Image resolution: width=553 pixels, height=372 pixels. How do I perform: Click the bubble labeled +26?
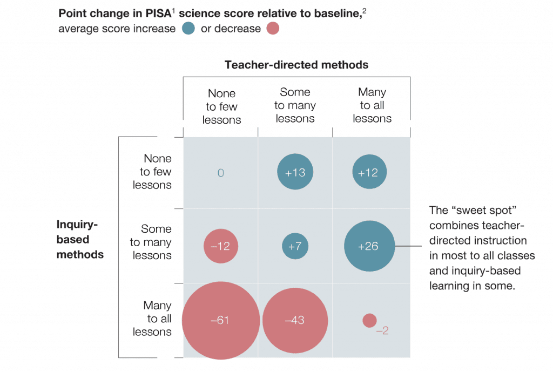(x=369, y=246)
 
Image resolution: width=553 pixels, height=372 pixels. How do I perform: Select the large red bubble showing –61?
(x=221, y=320)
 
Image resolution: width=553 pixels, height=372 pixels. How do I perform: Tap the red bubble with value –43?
(x=295, y=320)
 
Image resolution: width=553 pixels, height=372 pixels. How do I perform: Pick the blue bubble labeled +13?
(x=295, y=173)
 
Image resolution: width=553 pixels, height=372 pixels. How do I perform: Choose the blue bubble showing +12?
(x=369, y=173)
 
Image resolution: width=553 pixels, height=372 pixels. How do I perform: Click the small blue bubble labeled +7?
(x=295, y=246)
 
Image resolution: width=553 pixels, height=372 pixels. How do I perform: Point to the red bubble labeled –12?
(x=220, y=246)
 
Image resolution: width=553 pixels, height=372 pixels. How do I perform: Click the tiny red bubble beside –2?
(x=369, y=320)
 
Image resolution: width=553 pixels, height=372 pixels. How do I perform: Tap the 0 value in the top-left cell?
(x=220, y=173)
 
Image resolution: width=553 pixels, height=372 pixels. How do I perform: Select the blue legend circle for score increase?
(x=188, y=29)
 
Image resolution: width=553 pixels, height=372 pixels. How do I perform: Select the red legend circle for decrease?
(x=273, y=29)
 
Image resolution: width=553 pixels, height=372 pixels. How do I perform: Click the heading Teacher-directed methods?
(x=296, y=65)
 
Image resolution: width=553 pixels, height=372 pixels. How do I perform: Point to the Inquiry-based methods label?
(x=80, y=239)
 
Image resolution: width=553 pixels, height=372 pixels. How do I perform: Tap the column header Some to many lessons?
(x=295, y=105)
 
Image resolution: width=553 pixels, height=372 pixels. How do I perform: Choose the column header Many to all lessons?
(x=372, y=105)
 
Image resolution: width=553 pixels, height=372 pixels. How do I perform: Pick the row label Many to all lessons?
(x=153, y=319)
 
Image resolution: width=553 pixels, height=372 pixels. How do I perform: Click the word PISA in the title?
(x=159, y=13)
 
